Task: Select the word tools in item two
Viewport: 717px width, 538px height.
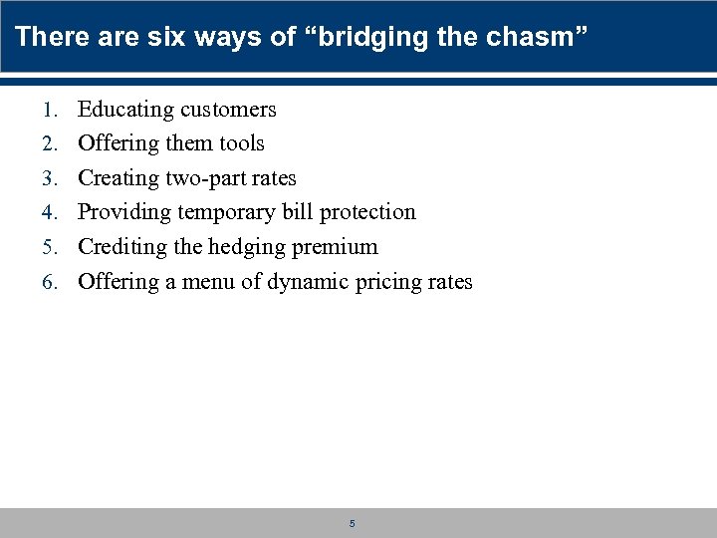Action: [x=242, y=143]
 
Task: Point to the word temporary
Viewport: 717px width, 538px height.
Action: [x=226, y=212]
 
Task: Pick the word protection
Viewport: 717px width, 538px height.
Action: [x=367, y=212]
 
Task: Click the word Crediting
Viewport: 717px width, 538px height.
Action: [x=119, y=247]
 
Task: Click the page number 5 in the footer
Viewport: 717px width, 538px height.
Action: [x=352, y=523]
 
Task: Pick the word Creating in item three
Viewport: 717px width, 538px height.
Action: [x=113, y=178]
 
